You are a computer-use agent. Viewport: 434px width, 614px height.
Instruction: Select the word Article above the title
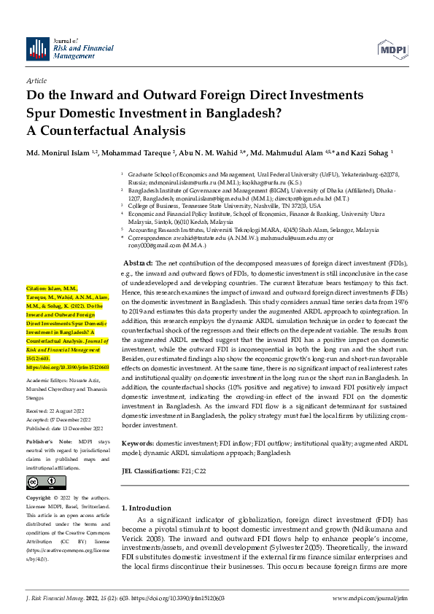pyautogui.click(x=36, y=80)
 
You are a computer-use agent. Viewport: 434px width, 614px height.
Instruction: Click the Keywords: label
pyautogui.click(x=137, y=443)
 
